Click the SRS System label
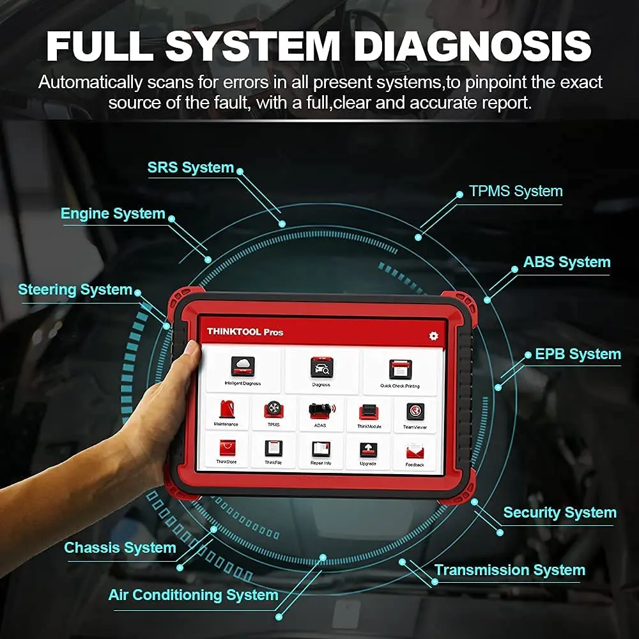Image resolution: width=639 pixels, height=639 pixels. pyautogui.click(x=190, y=167)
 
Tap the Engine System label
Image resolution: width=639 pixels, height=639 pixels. pyautogui.click(x=112, y=213)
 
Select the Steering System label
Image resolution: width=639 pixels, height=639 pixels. pyautogui.click(x=75, y=289)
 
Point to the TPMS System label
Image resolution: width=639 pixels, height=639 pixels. pyautogui.click(x=516, y=191)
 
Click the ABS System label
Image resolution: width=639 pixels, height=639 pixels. pyautogui.click(x=566, y=262)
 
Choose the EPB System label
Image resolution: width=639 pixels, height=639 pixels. pyautogui.click(x=578, y=354)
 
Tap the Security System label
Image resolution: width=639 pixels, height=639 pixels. pyautogui.click(x=560, y=512)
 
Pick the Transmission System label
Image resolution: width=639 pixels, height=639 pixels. pyautogui.click(x=509, y=570)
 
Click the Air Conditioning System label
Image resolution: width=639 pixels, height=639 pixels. pyautogui.click(x=193, y=595)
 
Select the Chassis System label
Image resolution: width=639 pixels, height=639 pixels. pyautogui.click(x=119, y=548)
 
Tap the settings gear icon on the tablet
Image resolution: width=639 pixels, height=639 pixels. pyautogui.click(x=434, y=335)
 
